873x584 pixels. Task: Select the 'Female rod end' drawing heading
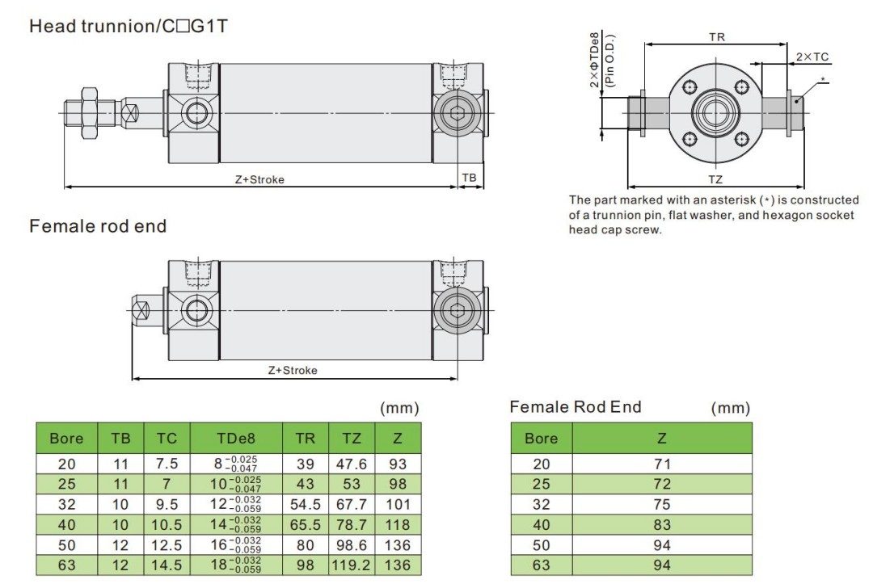[x=98, y=226]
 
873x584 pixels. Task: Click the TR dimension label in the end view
[x=716, y=37]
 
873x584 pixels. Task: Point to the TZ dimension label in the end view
[x=715, y=179]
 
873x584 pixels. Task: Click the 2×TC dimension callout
[x=812, y=57]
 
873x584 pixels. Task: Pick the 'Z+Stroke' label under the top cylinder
[x=259, y=179]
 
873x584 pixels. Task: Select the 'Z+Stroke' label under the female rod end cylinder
[x=293, y=370]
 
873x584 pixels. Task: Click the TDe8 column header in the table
[x=236, y=439]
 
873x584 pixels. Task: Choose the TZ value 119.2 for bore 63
[x=352, y=565]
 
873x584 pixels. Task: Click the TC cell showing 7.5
[x=167, y=464]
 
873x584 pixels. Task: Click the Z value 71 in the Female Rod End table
[x=661, y=464]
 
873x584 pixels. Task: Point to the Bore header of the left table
[x=66, y=439]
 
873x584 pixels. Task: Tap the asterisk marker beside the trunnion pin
[x=823, y=79]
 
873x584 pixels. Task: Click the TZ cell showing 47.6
[x=352, y=464]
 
